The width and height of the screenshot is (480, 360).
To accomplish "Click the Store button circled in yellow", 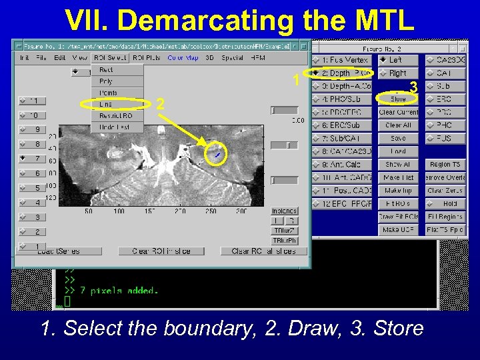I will [398, 99].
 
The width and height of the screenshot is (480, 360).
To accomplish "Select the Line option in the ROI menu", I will [106, 104].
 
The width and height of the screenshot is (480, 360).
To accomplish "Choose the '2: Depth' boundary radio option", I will [345, 73].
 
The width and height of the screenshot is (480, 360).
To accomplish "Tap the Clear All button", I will [398, 125].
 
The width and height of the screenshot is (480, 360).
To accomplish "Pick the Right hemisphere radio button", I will [398, 73].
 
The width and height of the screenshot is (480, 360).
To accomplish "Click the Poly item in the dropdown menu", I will [106, 81].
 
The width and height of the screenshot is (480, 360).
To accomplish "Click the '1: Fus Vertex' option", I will [345, 60].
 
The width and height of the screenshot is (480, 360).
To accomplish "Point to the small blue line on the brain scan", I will [217, 155].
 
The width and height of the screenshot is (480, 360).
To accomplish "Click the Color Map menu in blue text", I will [182, 58].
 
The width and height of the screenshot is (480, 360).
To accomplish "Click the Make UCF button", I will [398, 229].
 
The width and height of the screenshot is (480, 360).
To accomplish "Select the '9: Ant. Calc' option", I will [345, 164].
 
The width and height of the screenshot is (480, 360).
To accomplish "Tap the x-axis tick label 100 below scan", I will [119, 211].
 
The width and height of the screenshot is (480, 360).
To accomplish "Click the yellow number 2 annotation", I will [160, 104].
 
